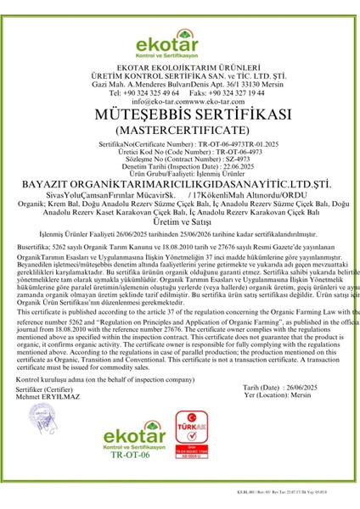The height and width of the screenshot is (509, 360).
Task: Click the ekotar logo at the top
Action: pyautogui.click(x=179, y=33)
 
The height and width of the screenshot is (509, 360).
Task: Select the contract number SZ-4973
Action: pyautogui.click(x=217, y=182)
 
